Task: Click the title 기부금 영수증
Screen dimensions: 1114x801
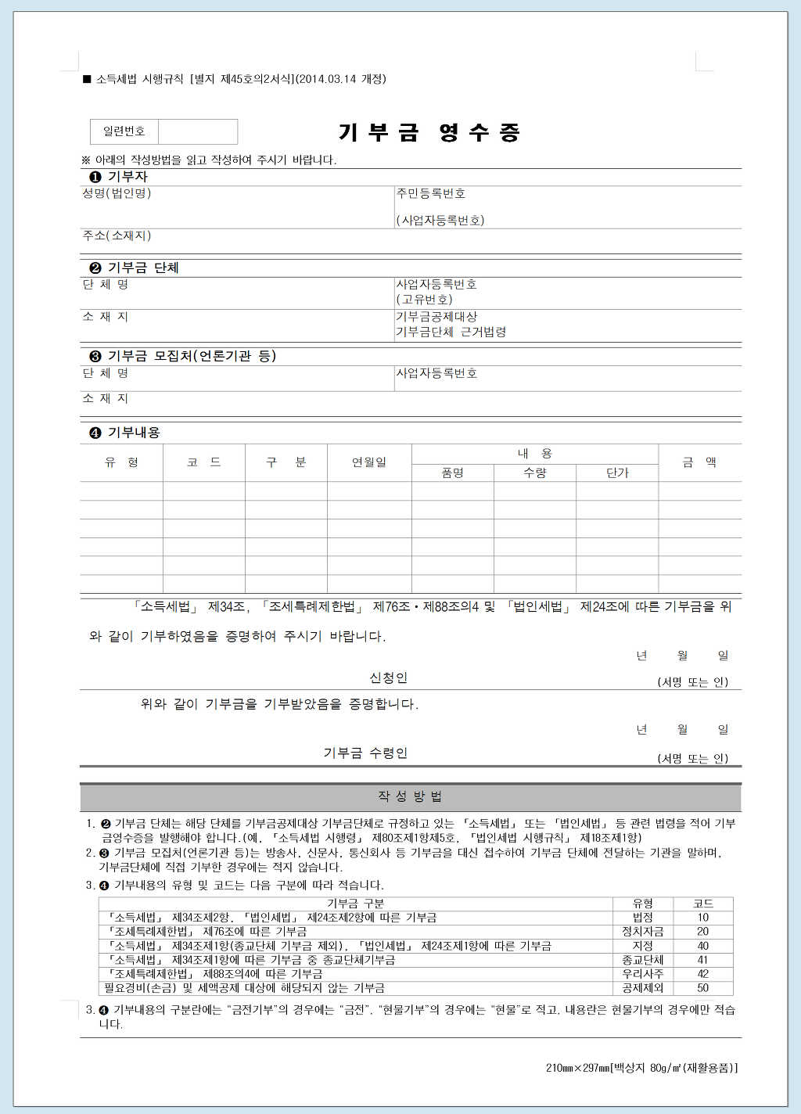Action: pyautogui.click(x=429, y=132)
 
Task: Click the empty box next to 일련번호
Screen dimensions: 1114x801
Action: pyautogui.click(x=198, y=131)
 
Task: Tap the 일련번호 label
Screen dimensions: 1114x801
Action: pyautogui.click(x=124, y=131)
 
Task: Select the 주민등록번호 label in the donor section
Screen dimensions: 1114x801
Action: pyautogui.click(x=431, y=193)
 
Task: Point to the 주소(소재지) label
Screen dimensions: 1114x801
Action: pyautogui.click(x=117, y=235)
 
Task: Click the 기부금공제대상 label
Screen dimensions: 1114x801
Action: pyautogui.click(x=436, y=317)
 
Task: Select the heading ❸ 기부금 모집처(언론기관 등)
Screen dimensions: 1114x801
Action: pyautogui.click(x=183, y=356)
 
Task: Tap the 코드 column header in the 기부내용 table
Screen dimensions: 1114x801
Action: pyautogui.click(x=204, y=462)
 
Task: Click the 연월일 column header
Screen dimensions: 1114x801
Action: pyautogui.click(x=369, y=462)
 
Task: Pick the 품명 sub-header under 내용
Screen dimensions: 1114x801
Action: pyautogui.click(x=453, y=473)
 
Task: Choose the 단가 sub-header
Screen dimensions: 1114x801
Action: pyautogui.click(x=617, y=473)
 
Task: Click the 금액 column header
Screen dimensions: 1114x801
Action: pyautogui.click(x=699, y=462)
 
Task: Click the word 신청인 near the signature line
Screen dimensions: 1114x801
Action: pyautogui.click(x=389, y=677)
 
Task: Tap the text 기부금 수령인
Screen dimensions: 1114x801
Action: pyautogui.click(x=365, y=753)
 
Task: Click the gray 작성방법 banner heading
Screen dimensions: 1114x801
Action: pyautogui.click(x=411, y=796)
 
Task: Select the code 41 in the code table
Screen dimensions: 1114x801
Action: pyautogui.click(x=702, y=960)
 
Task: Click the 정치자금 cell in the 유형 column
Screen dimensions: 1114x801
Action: pyautogui.click(x=642, y=932)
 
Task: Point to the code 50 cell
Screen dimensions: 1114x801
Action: pyautogui.click(x=702, y=988)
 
